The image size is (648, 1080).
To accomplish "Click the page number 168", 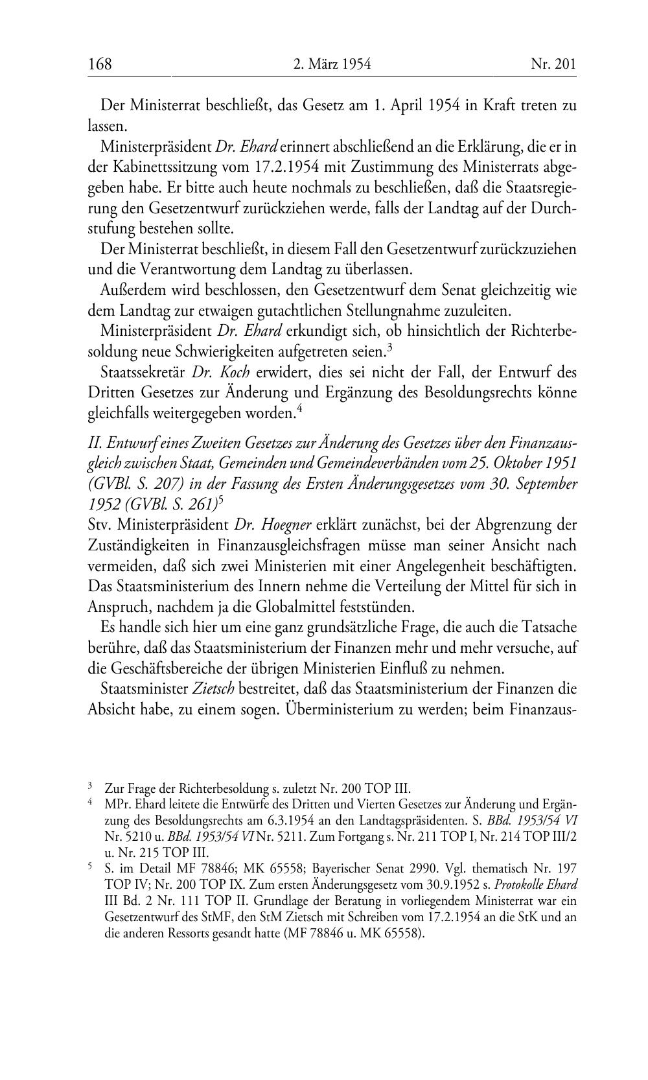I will pyautogui.click(x=100, y=64).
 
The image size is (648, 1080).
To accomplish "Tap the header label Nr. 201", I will pyautogui.click(x=553, y=64).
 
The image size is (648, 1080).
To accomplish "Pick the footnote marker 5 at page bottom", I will pyautogui.click(x=90, y=865).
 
